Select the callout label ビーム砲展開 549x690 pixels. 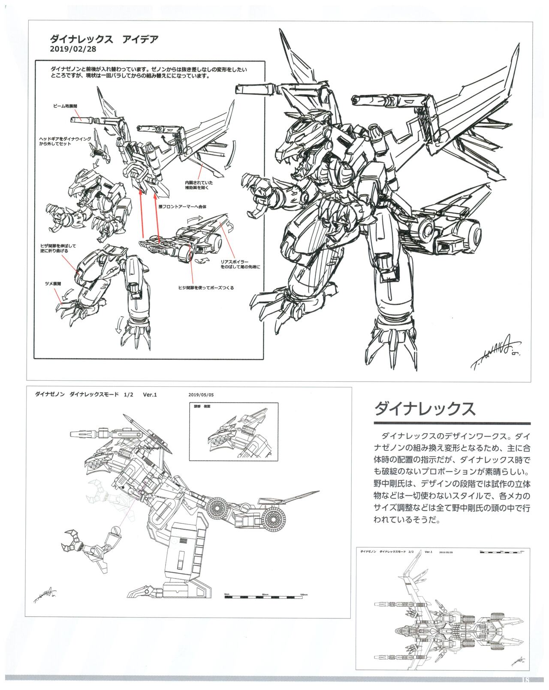(x=65, y=105)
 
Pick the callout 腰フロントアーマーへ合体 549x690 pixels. (x=182, y=207)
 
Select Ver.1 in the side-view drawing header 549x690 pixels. (x=150, y=395)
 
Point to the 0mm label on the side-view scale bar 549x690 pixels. (x=228, y=594)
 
